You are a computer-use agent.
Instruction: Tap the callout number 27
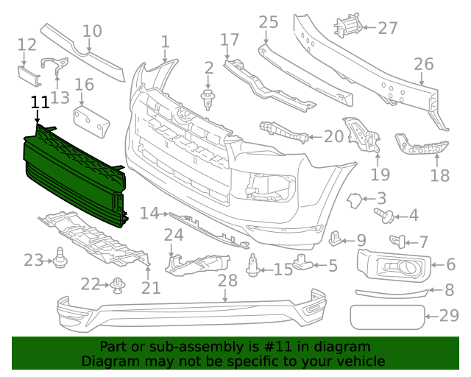coord(388,28)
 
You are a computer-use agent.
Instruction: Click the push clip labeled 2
coord(208,97)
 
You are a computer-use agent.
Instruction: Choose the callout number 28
coord(227,281)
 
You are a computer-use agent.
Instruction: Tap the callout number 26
coord(424,64)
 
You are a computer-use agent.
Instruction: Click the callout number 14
coord(149,214)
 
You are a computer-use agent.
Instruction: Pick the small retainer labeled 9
coord(337,237)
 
